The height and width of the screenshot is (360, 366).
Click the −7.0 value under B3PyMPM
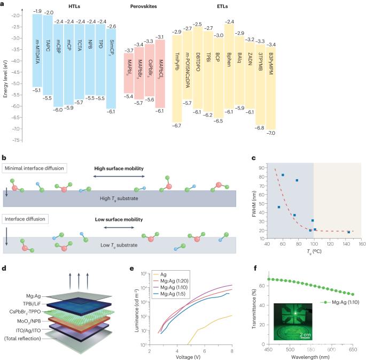(x=271, y=133)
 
